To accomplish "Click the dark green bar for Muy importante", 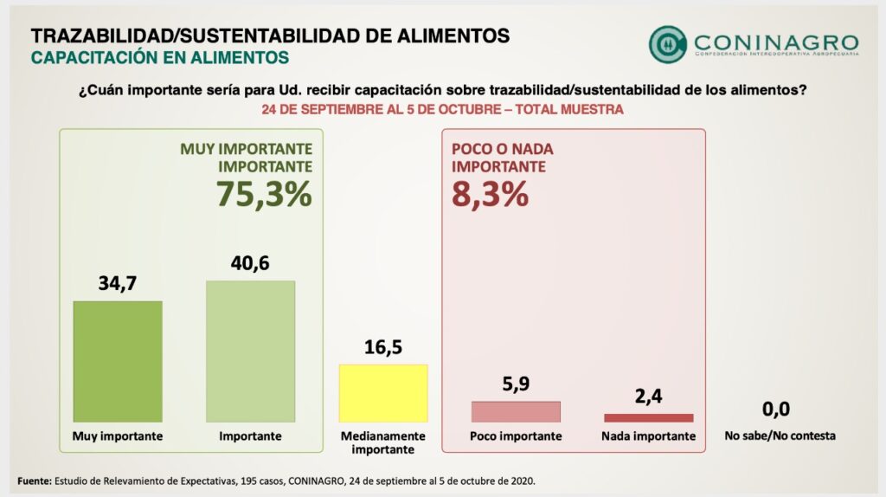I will point(118,361).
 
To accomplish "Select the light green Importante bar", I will point(250,352).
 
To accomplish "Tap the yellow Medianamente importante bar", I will point(383,393).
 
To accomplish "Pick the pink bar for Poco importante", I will point(516,411).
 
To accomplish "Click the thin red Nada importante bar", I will point(649,417).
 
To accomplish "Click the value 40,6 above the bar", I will point(250,263).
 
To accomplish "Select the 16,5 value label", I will point(383,347).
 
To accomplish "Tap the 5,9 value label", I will point(516,384).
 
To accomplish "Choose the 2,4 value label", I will point(649,397).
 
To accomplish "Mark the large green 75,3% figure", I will point(263,194).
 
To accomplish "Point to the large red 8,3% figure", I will point(490,194).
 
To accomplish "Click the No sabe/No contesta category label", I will point(780,436).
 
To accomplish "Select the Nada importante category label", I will point(649,436).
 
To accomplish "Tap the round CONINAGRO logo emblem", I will point(667,43).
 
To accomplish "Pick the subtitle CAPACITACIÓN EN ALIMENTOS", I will point(159,57).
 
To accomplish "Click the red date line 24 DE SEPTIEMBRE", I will point(442,110).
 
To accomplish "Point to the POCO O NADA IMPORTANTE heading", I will point(503,158).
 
